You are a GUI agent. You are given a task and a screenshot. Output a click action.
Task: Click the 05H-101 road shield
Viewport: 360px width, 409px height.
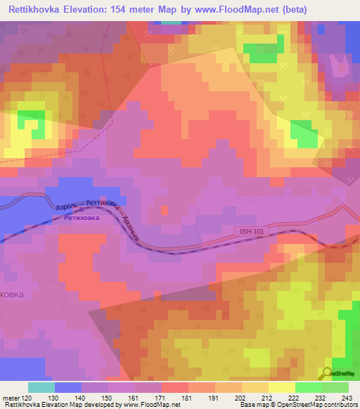251,229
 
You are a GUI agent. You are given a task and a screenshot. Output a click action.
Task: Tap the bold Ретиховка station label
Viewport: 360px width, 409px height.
82,218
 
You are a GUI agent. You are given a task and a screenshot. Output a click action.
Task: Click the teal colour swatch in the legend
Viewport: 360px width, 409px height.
41,387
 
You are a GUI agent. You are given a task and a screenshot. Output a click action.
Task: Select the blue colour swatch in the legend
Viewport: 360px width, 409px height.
68,387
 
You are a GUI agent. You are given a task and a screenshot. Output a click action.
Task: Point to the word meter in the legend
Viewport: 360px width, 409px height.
9,397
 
